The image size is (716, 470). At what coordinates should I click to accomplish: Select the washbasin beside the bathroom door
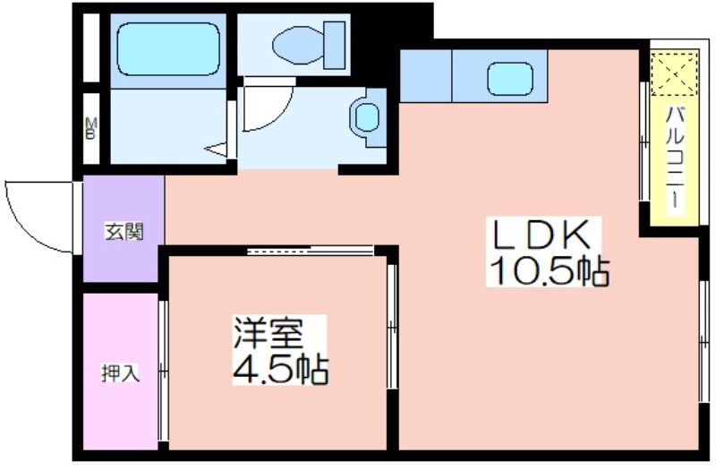tap(367, 116)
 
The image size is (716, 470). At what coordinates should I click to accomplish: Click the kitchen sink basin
tap(510, 78)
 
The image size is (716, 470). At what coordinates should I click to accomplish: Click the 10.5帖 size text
tap(548, 270)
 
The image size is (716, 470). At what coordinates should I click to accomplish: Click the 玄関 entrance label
tap(124, 231)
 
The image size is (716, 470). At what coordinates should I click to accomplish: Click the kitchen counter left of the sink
tap(425, 76)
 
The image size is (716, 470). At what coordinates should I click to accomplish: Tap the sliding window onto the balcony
tap(644, 143)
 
